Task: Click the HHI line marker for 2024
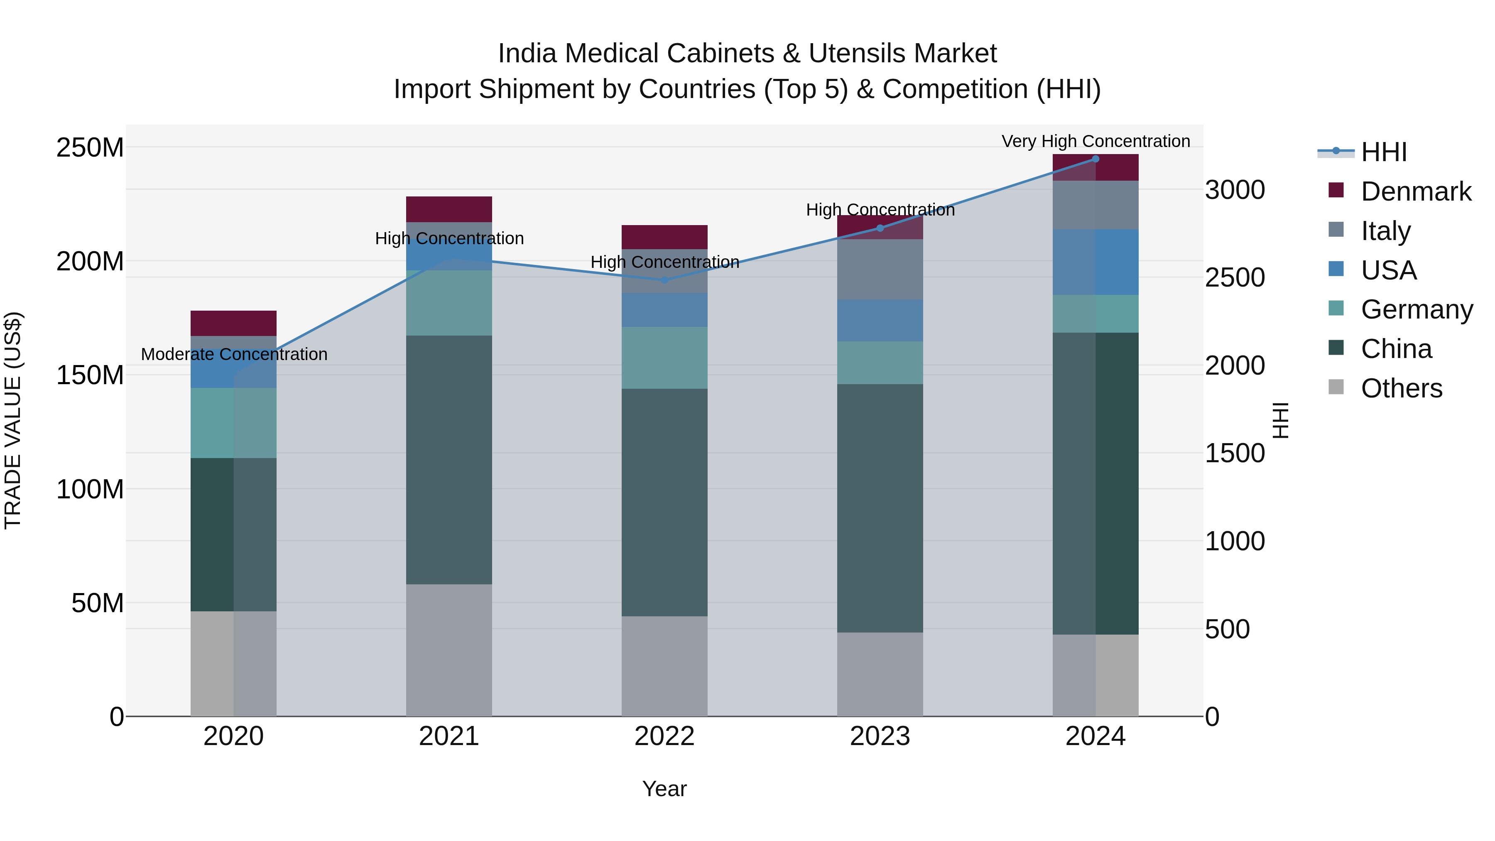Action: pos(1095,159)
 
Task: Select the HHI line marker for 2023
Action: pos(880,228)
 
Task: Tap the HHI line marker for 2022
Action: pos(664,280)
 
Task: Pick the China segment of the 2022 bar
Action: pos(664,502)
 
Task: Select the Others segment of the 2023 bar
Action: pos(880,674)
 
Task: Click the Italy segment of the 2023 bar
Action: pos(880,269)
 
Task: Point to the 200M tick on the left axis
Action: pos(90,261)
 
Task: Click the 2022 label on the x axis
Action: pos(664,736)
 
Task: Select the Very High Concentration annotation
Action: pos(1095,141)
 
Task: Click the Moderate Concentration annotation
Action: pos(234,354)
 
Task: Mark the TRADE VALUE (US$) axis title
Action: pos(13,420)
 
